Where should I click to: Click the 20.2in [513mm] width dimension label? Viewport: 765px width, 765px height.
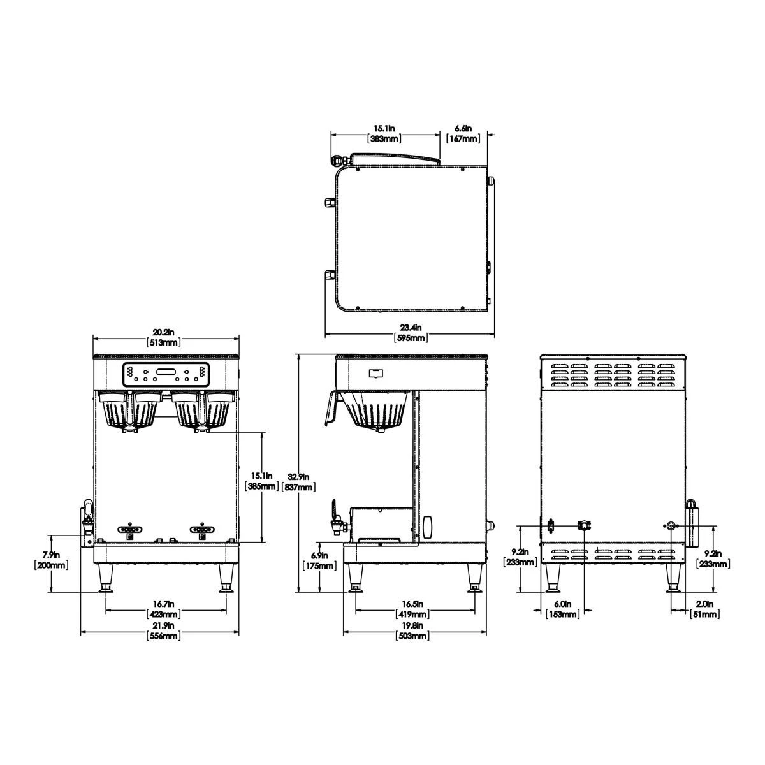pos(166,337)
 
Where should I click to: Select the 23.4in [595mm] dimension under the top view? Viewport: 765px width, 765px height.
pos(411,332)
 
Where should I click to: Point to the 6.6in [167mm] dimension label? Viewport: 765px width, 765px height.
pos(463,133)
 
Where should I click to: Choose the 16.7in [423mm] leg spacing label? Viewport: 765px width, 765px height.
pos(165,609)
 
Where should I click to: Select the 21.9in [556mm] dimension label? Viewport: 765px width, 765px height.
pos(165,631)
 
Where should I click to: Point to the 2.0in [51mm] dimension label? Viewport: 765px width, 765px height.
pos(705,609)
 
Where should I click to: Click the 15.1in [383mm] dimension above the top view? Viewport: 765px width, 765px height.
pos(385,133)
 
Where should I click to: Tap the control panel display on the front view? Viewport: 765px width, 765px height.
pos(166,374)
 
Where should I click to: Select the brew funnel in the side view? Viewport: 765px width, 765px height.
pos(375,411)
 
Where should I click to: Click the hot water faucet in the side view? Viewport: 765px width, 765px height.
pos(336,518)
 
